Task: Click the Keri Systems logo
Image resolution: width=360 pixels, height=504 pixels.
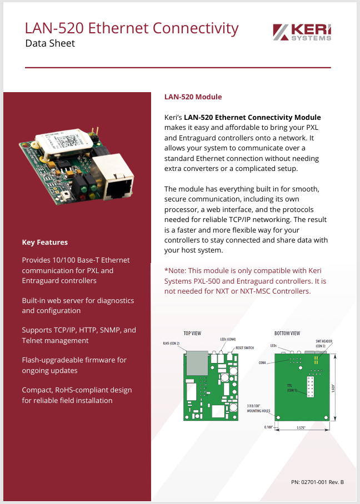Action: [x=302, y=32]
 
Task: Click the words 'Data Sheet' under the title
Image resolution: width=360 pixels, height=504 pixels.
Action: [x=50, y=43]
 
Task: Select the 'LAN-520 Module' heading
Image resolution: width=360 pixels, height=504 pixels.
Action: [x=193, y=97]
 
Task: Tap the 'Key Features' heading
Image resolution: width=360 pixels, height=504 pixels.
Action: [x=44, y=243]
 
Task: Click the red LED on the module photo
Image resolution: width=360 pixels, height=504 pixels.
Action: [x=83, y=196]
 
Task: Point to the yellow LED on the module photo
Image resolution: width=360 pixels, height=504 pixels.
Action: [x=92, y=195]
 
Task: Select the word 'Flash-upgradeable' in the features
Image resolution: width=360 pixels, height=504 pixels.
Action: [x=53, y=360]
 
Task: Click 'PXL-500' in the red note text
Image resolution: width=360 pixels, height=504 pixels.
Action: [x=207, y=281]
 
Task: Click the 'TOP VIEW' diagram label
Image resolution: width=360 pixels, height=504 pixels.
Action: [x=192, y=334]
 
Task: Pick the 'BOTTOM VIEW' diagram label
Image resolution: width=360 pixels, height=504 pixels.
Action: [x=287, y=334]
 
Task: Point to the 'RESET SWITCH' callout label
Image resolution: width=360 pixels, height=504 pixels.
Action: [x=244, y=348]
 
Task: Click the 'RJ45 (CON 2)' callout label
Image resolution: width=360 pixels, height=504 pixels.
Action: [x=171, y=343]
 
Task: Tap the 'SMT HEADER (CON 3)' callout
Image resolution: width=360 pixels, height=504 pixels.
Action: [x=324, y=344]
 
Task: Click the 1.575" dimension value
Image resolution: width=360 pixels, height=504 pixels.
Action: [x=301, y=427]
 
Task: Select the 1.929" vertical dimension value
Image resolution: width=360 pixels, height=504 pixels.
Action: [x=333, y=388]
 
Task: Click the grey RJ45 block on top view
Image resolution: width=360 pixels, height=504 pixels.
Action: [x=197, y=363]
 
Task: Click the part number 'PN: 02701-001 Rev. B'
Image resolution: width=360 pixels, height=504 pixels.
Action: [x=317, y=482]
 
